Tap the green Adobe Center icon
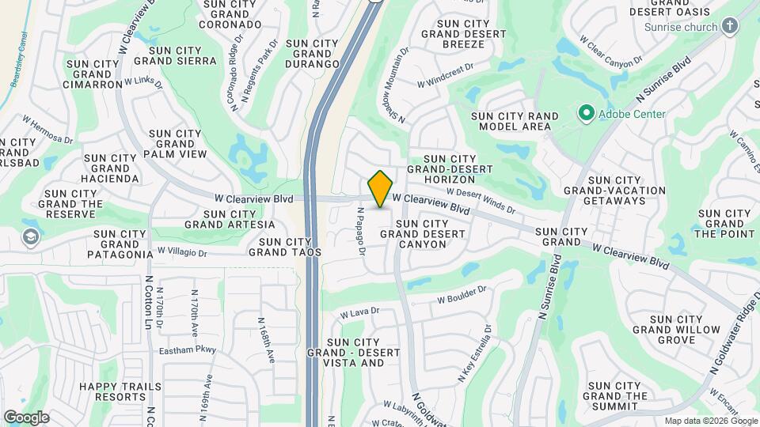(586, 114)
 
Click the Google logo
(25, 418)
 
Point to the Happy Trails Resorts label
(120, 393)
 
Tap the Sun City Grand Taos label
(285, 247)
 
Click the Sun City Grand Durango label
(312, 54)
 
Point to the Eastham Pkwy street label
(187, 350)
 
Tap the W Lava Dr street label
(356, 314)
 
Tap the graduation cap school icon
(30, 237)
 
